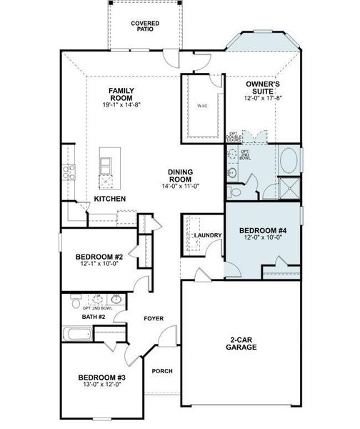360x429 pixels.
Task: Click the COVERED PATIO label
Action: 145,26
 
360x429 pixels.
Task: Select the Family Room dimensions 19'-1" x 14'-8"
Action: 121,105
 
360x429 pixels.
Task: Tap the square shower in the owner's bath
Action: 289,187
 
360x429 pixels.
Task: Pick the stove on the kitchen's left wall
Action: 69,172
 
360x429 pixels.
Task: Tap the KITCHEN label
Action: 110,198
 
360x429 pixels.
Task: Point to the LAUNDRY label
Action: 208,235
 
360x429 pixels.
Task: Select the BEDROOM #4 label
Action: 262,230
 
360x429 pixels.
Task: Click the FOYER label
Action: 154,318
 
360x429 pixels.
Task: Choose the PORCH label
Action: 161,370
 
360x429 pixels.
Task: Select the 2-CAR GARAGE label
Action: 243,343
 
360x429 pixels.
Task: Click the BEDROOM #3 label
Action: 101,377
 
